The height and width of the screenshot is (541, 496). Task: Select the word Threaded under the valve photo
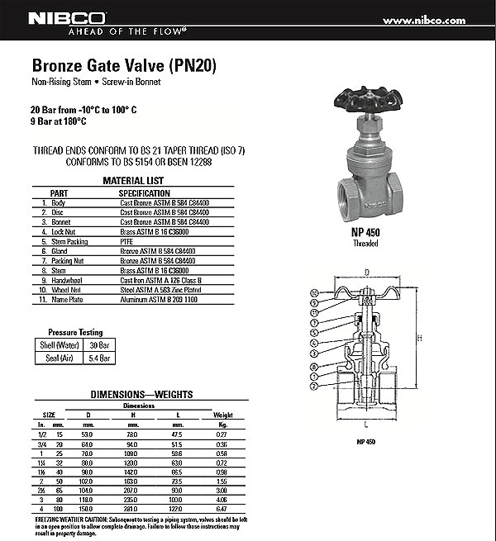click(x=365, y=244)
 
